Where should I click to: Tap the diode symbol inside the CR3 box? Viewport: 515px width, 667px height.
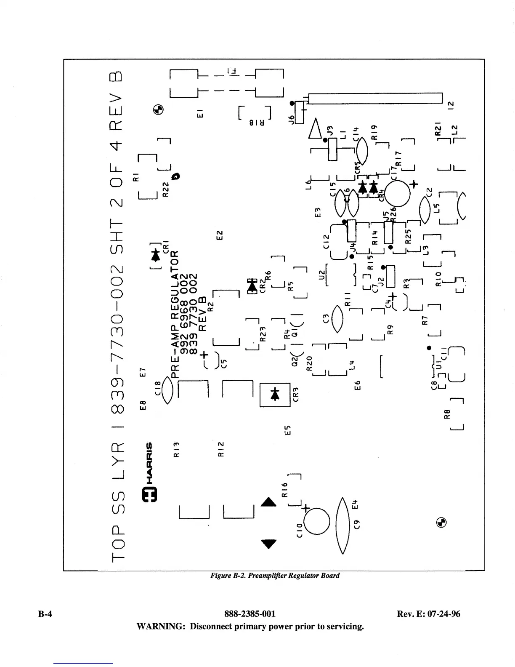pyautogui.click(x=275, y=394)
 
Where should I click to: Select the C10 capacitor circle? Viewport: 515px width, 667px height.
pyautogui.click(x=316, y=521)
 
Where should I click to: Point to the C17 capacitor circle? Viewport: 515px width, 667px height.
pyautogui.click(x=397, y=193)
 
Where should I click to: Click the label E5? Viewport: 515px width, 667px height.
pyautogui.click(x=287, y=430)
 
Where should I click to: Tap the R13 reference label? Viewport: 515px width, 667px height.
pyautogui.click(x=177, y=449)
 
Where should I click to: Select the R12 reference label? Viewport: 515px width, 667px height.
pyautogui.click(x=221, y=449)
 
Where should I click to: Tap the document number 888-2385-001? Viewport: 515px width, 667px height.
pyautogui.click(x=250, y=614)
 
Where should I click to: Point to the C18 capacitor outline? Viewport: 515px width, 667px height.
pyautogui.click(x=167, y=390)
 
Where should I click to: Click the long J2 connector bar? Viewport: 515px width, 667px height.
pyautogui.click(x=375, y=98)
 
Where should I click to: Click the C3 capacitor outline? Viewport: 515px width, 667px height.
pyautogui.click(x=337, y=319)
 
